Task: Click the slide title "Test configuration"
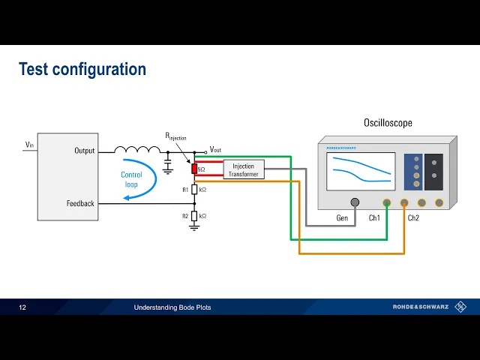click(x=82, y=70)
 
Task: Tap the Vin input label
click(x=29, y=145)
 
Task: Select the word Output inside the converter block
click(x=85, y=151)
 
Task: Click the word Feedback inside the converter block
click(x=80, y=203)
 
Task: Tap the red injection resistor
click(x=194, y=169)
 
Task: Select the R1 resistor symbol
click(x=194, y=190)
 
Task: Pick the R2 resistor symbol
click(x=194, y=216)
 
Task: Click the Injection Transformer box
click(x=243, y=169)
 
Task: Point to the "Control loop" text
click(x=131, y=179)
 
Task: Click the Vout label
click(x=215, y=150)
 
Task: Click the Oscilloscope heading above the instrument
click(x=388, y=123)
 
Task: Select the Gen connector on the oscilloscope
click(x=354, y=202)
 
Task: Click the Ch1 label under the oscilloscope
click(x=374, y=217)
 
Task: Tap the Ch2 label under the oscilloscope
click(x=413, y=217)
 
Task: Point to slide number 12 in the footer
click(x=22, y=307)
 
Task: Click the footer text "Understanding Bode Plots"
click(x=172, y=307)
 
